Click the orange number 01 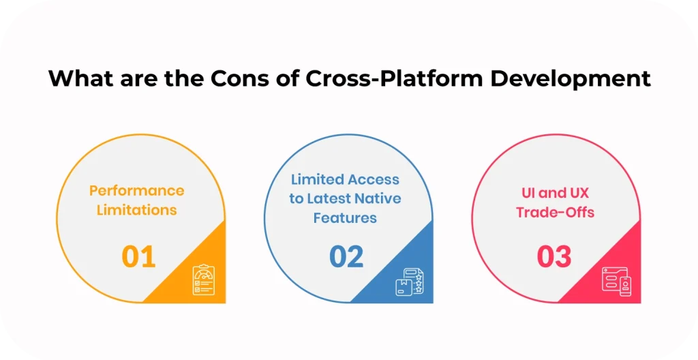coord(139,257)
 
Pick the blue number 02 coord(347,257)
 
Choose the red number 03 coord(554,257)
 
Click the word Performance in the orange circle coord(136,190)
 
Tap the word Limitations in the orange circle coord(136,210)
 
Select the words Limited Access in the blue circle coord(345,179)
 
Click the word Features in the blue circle coord(345,218)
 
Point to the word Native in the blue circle coord(378,199)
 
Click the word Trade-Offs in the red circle coord(555,213)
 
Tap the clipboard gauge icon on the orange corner coord(203,280)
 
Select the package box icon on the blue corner coord(410,281)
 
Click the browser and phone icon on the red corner coord(616,281)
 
